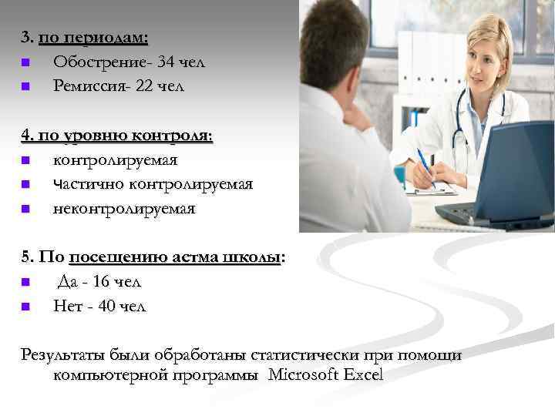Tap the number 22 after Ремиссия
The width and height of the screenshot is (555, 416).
click(144, 86)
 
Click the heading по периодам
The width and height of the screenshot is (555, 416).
click(93, 37)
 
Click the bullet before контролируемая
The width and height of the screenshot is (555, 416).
click(25, 161)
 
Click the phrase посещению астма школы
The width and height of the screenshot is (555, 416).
click(175, 258)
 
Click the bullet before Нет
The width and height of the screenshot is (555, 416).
click(25, 307)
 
